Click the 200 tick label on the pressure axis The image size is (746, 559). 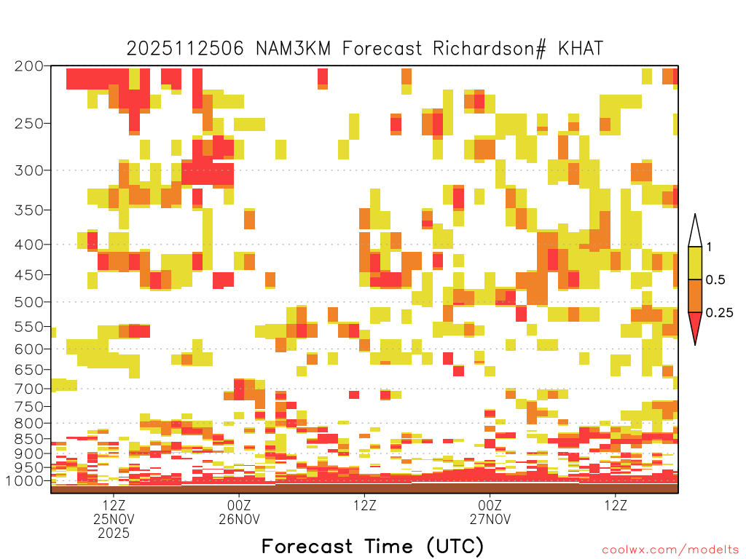click(29, 66)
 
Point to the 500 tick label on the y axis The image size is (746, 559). click(29, 302)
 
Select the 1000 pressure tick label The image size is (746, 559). click(25, 481)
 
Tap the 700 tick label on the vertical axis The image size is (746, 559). click(29, 389)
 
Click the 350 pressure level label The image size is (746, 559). click(29, 210)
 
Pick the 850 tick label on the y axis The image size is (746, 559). click(29, 439)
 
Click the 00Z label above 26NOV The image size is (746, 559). click(239, 505)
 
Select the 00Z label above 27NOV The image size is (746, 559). click(490, 505)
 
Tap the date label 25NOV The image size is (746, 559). click(114, 519)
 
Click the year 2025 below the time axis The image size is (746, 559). click(114, 534)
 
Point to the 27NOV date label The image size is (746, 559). click(490, 519)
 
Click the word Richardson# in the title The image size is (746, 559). click(490, 49)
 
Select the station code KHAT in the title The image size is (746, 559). click(581, 49)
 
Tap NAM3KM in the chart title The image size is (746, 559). click(293, 49)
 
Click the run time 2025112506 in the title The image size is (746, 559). click(185, 49)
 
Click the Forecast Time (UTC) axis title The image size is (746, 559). click(372, 547)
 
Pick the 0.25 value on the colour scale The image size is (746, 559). click(719, 312)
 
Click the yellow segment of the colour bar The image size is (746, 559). click(695, 263)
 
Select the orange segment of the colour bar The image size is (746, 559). click(695, 296)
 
